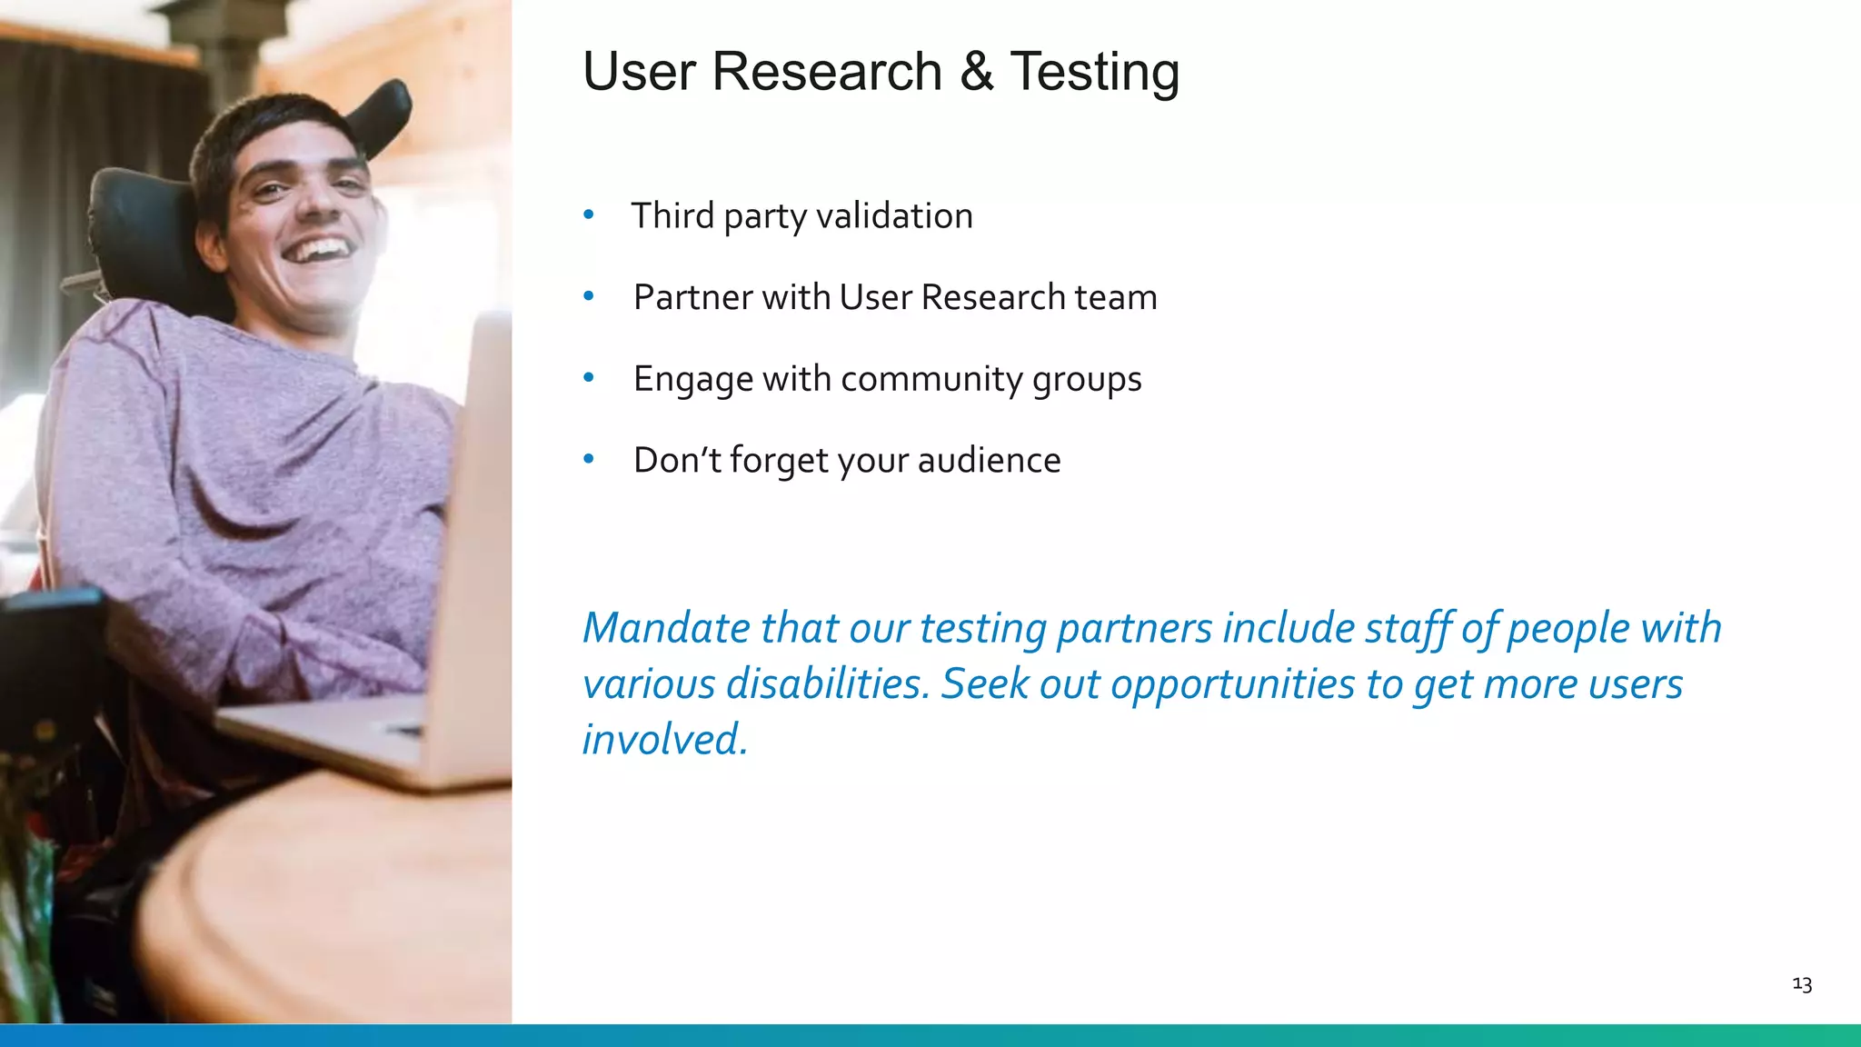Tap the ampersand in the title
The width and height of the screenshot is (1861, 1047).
coord(976,72)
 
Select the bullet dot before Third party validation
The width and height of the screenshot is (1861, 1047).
coord(589,215)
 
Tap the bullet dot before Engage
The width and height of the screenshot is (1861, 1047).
coord(589,378)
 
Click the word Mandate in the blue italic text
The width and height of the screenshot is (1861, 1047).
coord(666,628)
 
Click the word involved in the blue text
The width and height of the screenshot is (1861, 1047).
coord(662,739)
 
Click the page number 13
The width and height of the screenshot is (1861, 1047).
coord(1802,984)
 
